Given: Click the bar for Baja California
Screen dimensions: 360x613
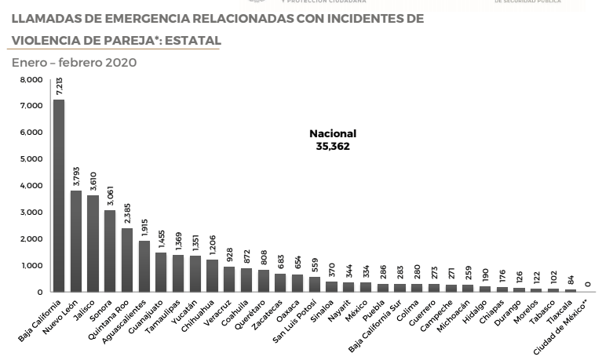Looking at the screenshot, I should pos(59,195).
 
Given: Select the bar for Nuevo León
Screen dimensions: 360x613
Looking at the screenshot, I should pos(76,241).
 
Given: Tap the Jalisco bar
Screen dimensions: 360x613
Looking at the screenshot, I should pos(93,243).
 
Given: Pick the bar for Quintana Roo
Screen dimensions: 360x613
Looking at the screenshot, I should pos(127,260).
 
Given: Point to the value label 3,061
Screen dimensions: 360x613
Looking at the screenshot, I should pos(111,195).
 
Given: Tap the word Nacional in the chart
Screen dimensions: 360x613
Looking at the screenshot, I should pos(333,133).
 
